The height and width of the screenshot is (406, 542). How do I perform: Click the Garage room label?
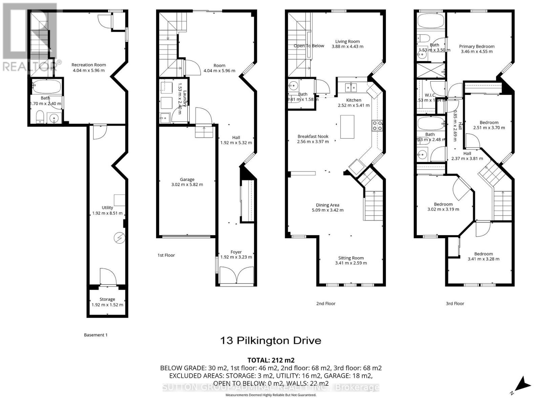pyautogui.click(x=187, y=180)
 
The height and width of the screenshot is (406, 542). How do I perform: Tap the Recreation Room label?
pyautogui.click(x=88, y=65)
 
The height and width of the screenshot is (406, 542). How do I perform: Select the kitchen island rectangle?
pyautogui.click(x=347, y=127)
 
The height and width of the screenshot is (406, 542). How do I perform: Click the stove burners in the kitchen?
pyautogui.click(x=377, y=126)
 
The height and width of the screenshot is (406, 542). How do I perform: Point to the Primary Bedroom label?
pyautogui.click(x=477, y=47)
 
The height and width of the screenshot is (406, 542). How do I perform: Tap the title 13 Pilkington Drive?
pyautogui.click(x=271, y=340)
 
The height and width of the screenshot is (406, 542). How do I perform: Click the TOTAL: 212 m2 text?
pyautogui.click(x=271, y=360)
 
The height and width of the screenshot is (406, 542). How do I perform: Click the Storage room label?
pyautogui.click(x=107, y=299)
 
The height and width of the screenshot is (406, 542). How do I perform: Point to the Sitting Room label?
pyautogui.click(x=351, y=258)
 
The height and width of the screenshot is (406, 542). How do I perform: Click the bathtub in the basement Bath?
pyautogui.click(x=47, y=87)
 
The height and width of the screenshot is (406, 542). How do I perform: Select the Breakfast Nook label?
pyautogui.click(x=313, y=137)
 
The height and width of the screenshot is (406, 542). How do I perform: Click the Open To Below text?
pyautogui.click(x=309, y=46)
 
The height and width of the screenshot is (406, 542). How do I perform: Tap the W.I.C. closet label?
pyautogui.click(x=430, y=95)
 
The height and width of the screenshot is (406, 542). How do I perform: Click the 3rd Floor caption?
pyautogui.click(x=455, y=303)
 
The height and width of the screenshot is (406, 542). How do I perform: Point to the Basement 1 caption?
pyautogui.click(x=96, y=335)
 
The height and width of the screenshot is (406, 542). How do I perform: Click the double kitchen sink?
pyautogui.click(x=351, y=88)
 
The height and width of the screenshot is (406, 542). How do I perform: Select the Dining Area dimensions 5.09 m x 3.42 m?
pyautogui.click(x=327, y=210)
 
